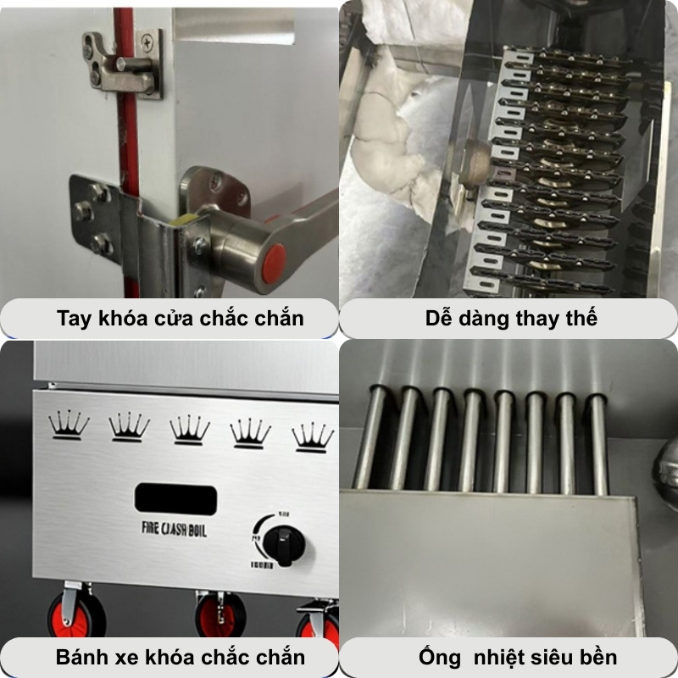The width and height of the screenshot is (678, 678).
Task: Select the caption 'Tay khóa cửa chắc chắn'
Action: coord(169,319)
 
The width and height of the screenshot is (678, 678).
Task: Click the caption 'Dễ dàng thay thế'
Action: coord(508,319)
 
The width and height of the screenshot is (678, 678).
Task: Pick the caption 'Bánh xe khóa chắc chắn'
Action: coord(169,657)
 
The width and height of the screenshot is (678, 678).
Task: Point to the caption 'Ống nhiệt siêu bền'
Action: coord(508,657)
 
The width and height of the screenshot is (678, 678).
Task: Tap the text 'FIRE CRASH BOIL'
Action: coord(174,531)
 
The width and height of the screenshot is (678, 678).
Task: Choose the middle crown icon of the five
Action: coord(190,429)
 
